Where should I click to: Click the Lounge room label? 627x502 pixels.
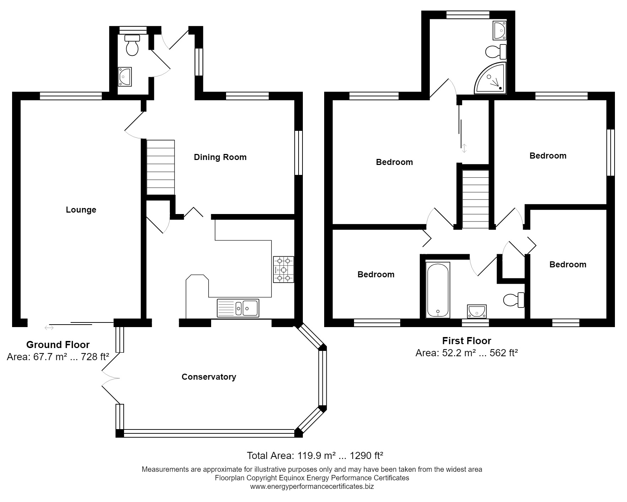[81, 210]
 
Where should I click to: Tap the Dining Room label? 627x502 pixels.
[220, 157]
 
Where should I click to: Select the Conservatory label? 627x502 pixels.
[209, 377]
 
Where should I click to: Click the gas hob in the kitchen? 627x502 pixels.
[283, 269]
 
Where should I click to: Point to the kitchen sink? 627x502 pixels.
[238, 308]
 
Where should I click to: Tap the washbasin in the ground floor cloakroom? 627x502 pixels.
[125, 76]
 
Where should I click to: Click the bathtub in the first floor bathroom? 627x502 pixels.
[438, 290]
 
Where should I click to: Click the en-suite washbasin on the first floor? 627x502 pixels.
[499, 30]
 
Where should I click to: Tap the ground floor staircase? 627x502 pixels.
[161, 167]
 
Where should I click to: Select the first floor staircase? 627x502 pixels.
[475, 199]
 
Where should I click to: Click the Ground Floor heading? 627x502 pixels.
[58, 345]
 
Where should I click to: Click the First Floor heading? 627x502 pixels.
[466, 341]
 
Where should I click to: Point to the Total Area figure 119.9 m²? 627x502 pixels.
[315, 455]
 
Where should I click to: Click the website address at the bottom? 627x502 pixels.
[312, 486]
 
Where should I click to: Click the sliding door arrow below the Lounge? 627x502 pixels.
[49, 327]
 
